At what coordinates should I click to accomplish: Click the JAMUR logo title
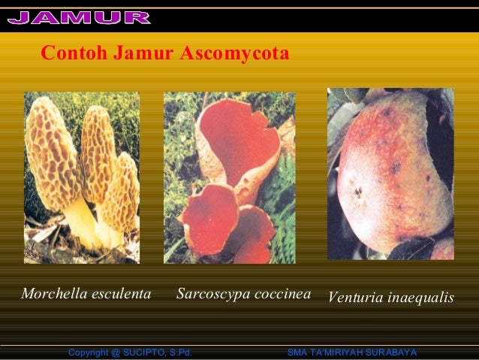(79, 17)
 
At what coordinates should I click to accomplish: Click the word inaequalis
(420, 298)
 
